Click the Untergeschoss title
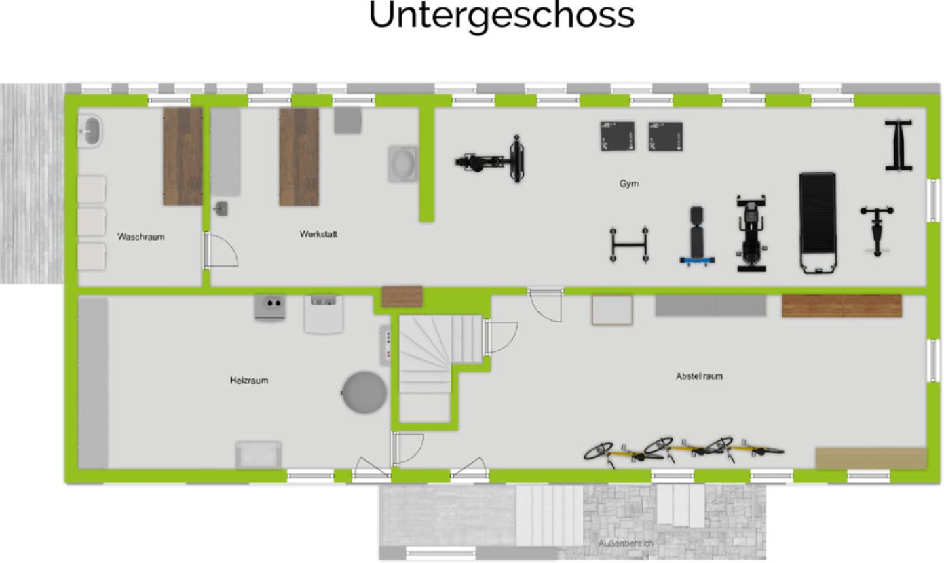tap(501, 16)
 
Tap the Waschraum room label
tap(140, 237)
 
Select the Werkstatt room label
tap(318, 234)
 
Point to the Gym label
tap(628, 184)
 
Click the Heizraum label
tap(249, 381)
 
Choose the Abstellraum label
tap(699, 376)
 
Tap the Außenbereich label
tap(626, 544)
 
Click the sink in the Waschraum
tap(90, 131)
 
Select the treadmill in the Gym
tap(817, 222)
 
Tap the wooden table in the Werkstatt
tap(299, 157)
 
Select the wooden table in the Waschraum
tap(183, 157)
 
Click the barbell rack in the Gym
tap(628, 244)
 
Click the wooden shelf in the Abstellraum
tap(842, 306)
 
